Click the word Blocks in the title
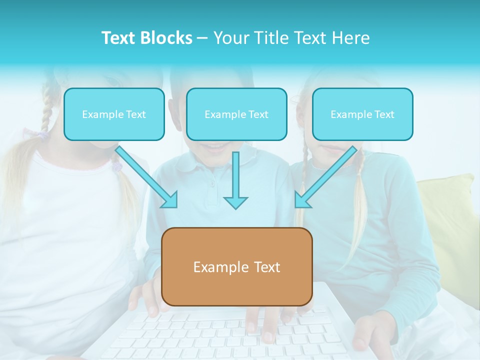pos(167,38)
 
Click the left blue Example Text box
pos(114,114)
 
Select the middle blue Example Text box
pos(236,114)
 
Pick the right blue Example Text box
pos(362,114)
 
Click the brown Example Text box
pos(237,266)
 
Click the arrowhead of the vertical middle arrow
pos(235,202)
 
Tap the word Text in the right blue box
pos(384,114)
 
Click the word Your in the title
pos(230,38)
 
